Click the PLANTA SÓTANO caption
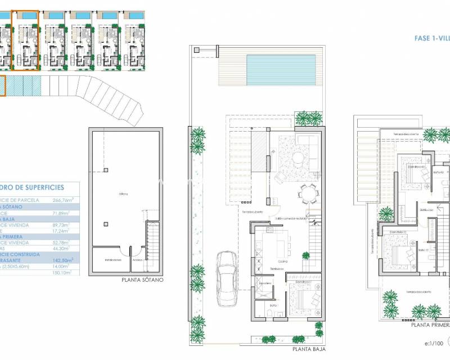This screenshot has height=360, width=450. click(x=142, y=279)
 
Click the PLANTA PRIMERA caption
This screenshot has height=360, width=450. click(x=430, y=325)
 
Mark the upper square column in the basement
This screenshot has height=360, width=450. click(x=105, y=170)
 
